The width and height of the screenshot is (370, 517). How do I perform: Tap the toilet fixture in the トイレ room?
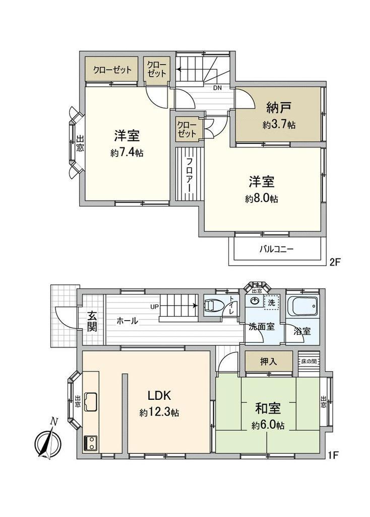211,305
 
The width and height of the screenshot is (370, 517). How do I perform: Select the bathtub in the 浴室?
301,306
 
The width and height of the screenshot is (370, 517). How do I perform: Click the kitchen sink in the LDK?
91,401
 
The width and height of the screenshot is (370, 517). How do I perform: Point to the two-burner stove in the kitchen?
91,443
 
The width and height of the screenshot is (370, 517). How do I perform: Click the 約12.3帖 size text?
159,412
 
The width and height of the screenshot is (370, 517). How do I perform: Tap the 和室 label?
268,408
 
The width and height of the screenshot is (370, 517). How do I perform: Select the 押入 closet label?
269,361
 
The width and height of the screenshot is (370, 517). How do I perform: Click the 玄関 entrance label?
92,321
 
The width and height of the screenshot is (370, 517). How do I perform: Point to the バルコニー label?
276,249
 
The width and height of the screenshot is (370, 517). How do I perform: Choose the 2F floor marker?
335,262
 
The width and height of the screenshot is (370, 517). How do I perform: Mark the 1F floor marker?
334,455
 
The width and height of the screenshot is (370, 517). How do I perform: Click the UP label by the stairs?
154,306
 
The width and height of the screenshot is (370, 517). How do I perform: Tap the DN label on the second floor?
217,88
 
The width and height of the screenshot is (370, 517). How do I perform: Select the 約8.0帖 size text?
262,198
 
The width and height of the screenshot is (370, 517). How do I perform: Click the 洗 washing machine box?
271,303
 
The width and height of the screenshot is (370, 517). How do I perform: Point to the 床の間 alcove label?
309,361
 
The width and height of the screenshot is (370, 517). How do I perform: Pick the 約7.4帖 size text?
127,153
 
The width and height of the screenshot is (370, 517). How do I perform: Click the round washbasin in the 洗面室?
255,301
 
